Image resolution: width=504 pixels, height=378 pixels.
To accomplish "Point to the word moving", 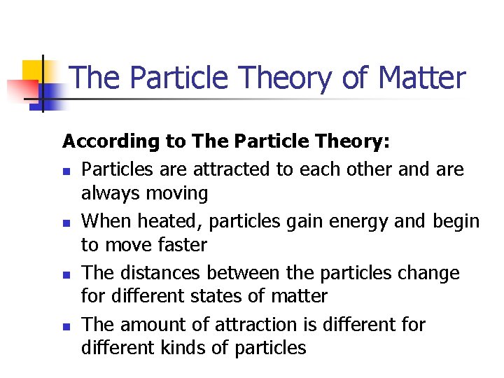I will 176,193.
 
